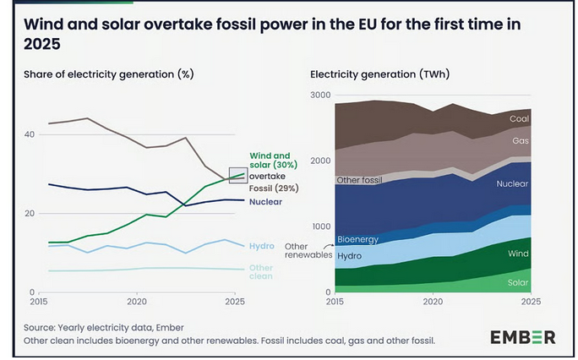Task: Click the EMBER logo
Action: (522, 337)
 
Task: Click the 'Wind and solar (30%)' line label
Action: (270, 161)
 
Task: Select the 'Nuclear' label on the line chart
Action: (265, 201)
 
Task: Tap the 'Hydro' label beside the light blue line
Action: (261, 246)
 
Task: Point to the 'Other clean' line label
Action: (261, 272)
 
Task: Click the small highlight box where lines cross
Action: (238, 175)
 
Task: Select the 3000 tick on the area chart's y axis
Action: (321, 95)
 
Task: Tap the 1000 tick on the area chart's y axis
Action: (321, 226)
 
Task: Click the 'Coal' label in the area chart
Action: (519, 119)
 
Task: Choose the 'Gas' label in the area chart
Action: (521, 139)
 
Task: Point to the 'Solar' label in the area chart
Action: (517, 281)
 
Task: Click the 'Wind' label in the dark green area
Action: (519, 252)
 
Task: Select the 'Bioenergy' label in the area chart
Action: (357, 240)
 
